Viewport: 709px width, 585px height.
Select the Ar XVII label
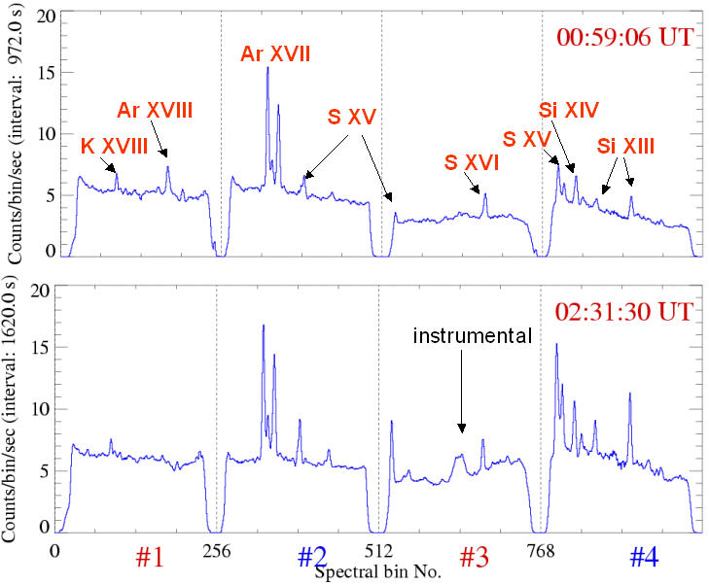276,54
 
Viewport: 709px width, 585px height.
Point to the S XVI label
471,162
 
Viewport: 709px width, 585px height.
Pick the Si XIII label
625,146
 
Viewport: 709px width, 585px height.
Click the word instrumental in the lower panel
473,336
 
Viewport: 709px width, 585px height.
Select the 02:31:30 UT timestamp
623,313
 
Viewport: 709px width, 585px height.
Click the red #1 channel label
150,557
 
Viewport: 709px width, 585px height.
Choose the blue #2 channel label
311,557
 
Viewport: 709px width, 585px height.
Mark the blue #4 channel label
644,557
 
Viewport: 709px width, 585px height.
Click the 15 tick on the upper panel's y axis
39,73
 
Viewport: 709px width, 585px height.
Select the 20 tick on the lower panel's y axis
39,291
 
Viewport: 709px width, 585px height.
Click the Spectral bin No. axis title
378,571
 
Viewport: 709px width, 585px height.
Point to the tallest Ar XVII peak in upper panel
267,95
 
